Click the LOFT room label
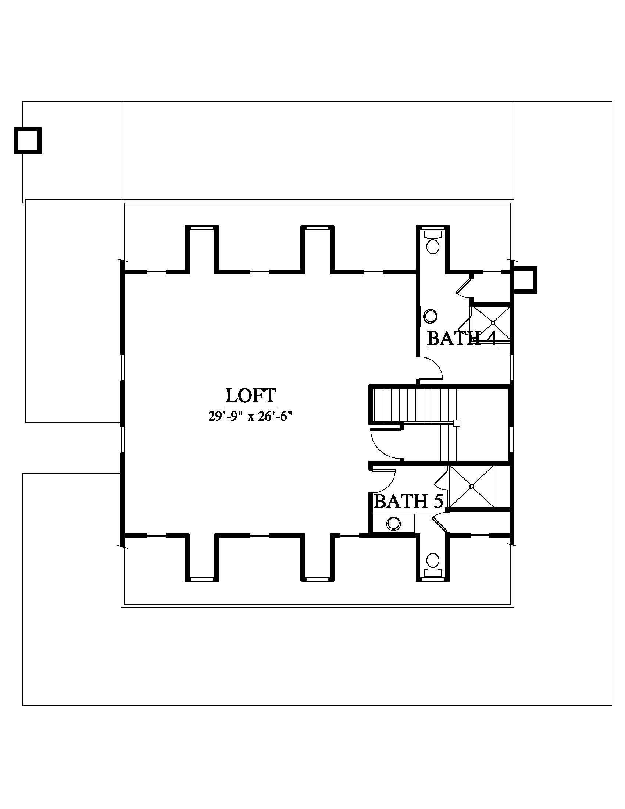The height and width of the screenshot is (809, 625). [x=251, y=396]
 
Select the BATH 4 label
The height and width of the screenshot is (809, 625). [x=461, y=338]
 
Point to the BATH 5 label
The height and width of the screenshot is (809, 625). [x=409, y=502]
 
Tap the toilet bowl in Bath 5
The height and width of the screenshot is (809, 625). [x=432, y=560]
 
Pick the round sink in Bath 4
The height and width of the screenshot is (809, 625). [x=431, y=316]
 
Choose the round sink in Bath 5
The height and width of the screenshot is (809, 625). [x=393, y=524]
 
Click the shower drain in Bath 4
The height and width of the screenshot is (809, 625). [x=493, y=322]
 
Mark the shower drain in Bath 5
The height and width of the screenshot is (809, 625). [x=472, y=486]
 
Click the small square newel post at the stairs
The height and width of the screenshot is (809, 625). [x=457, y=423]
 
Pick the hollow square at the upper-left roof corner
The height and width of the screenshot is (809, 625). [x=28, y=141]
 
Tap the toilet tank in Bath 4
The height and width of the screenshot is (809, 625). [x=432, y=235]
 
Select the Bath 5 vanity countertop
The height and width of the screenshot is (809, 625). [x=393, y=524]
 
